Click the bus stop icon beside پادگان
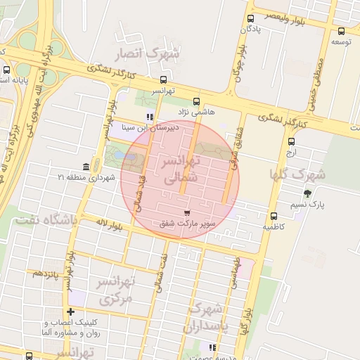pos(251,19)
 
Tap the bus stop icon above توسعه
pos(341,31)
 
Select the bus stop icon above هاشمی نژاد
pos(195,101)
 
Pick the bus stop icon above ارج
pos(292,141)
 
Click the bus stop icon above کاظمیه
pos(274,216)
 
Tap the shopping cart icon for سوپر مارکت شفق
pos(186,212)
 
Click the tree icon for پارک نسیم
pos(307,193)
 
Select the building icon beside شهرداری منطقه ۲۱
pos(86,167)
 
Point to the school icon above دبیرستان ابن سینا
pos(149,117)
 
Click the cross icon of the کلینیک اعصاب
pos(70,311)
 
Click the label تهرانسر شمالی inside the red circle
pos(181,171)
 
